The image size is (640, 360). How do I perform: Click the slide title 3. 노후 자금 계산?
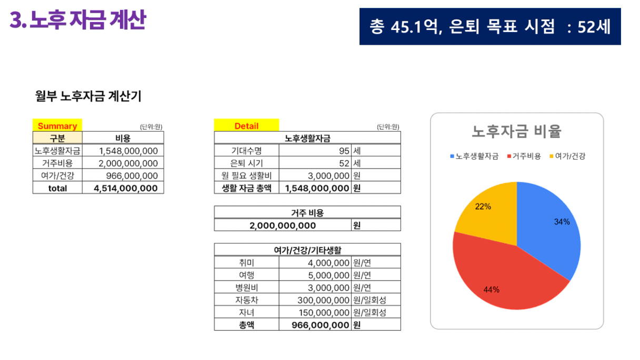77,21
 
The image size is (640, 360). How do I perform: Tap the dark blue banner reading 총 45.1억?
490,27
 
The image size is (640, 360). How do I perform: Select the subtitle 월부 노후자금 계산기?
88,96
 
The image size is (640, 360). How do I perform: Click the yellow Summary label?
57,126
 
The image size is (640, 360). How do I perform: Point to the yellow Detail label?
246,126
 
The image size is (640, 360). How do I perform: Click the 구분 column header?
57,138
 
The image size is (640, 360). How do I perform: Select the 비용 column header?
123,138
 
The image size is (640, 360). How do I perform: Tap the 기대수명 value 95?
344,151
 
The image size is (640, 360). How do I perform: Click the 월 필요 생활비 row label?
246,176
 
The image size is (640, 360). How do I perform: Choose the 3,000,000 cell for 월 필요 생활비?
328,176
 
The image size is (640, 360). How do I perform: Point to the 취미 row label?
246,263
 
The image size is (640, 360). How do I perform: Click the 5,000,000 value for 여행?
328,275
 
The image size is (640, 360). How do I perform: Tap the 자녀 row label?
246,313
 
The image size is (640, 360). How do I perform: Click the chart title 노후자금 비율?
516,131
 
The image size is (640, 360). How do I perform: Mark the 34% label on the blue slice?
562,222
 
